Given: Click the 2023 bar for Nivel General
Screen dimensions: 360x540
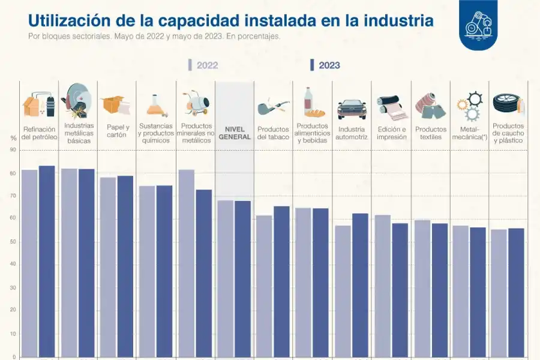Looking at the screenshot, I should [243, 279].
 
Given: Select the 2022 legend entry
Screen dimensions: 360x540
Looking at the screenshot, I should [203, 65].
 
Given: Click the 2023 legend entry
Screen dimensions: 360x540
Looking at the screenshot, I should [325, 65].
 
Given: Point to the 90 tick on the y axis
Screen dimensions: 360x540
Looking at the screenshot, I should [13, 151].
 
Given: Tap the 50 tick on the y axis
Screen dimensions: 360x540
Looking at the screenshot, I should [13, 242].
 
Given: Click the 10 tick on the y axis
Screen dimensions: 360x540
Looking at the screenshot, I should [13, 334].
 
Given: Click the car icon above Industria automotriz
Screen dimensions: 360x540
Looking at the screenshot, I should [352, 109].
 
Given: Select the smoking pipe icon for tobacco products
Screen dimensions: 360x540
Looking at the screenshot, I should [273, 107].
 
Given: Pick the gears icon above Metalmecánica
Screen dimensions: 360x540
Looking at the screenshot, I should [469, 106].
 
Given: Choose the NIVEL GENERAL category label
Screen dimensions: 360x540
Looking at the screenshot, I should [235, 133].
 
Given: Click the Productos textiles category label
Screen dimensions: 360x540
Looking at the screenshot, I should [431, 133].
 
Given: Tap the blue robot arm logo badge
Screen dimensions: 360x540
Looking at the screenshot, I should [478, 24].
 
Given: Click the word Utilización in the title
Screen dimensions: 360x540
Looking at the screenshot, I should [65, 20].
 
